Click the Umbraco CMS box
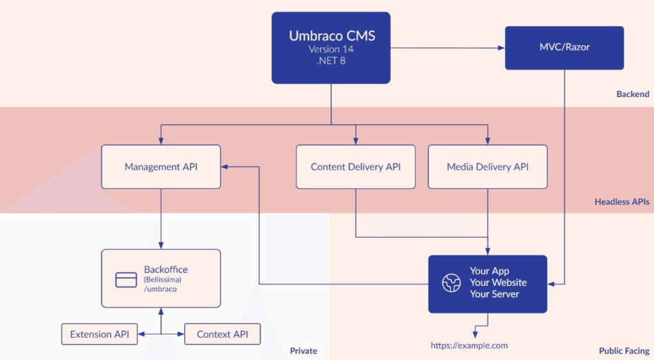coord(331,48)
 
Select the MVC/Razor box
coord(564,48)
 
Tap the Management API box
coord(161,167)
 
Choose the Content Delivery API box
coord(356,167)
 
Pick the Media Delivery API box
coord(487,167)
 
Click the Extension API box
coord(100,334)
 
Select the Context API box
coord(222,334)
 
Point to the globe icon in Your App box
coord(452,283)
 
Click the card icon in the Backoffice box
coord(126,280)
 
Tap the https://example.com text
coord(469,345)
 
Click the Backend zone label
coord(632,94)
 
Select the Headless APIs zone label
coord(621,202)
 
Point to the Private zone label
coord(303,351)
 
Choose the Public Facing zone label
coord(624,351)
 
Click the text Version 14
coord(331,49)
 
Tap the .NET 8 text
coord(331,61)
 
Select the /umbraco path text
coord(160,289)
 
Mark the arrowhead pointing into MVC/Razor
coord(501,48)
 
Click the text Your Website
coord(498,283)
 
